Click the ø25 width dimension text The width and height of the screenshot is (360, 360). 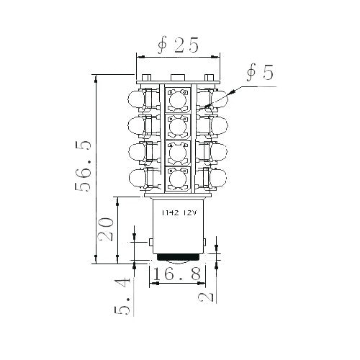[x=178, y=45]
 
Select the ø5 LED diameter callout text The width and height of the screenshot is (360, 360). [x=259, y=73]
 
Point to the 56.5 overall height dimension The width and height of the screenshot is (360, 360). [x=85, y=166]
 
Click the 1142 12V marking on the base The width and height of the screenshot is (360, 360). [x=179, y=213]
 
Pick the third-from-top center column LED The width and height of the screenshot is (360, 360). [x=178, y=153]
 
